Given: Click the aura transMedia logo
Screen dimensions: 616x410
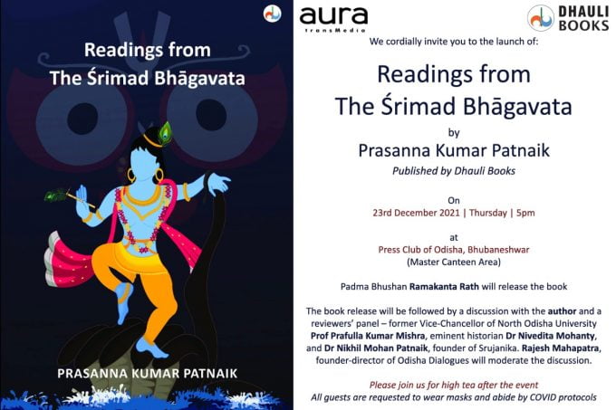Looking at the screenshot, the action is coord(333,19).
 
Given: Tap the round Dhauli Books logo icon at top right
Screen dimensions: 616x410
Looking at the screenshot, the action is coord(541,18).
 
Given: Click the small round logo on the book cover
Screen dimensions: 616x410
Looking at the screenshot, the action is coord(273,14).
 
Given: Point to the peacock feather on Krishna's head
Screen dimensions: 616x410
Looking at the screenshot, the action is coord(165,132).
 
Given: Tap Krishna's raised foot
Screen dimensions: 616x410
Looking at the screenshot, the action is coord(124,302).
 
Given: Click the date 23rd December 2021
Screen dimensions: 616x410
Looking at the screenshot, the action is coord(416,213).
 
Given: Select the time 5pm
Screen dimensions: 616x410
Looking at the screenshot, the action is coord(525,214).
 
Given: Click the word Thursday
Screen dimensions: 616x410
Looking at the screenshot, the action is coord(488,213).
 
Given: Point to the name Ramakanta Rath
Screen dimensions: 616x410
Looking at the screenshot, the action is coord(444,287).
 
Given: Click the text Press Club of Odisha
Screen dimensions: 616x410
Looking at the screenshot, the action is coord(420,250).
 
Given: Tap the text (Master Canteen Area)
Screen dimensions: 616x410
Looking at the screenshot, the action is coord(454,262).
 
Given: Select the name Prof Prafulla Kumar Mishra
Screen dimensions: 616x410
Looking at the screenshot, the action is coord(368,337).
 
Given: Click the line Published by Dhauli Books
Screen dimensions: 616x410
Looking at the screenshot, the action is coord(454,171).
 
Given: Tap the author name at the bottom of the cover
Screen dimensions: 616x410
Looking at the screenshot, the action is coord(148,373).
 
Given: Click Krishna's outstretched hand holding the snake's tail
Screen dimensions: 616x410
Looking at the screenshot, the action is coord(218,183).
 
